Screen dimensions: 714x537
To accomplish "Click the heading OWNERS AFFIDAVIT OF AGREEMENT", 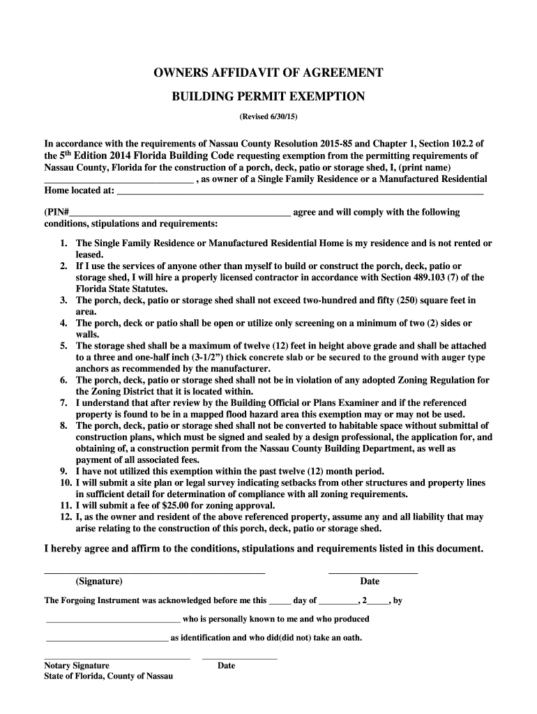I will pyautogui.click(x=268, y=73).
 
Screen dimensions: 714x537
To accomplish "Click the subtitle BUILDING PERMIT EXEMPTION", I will pyautogui.click(x=268, y=96).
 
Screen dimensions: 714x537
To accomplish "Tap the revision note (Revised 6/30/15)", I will pyautogui.click(x=268, y=116).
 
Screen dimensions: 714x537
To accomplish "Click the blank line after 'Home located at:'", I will pyautogui.click(x=300, y=190).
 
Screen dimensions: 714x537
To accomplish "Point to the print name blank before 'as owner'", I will pyautogui.click(x=119, y=180).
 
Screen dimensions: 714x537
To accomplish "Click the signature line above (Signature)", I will pyautogui.click(x=155, y=572).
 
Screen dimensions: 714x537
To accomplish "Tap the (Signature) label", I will pyautogui.click(x=99, y=582).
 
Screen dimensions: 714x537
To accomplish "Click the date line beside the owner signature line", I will pyautogui.click(x=372, y=572).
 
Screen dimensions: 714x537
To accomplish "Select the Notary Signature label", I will pyautogui.click(x=77, y=666).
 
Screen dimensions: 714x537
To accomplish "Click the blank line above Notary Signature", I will pyautogui.click(x=117, y=658).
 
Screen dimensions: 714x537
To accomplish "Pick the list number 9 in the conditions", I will pyautogui.click(x=63, y=471).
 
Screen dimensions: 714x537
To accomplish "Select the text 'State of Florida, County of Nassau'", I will pyautogui.click(x=108, y=676).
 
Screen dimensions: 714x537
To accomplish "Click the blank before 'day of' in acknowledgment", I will pyautogui.click(x=280, y=600).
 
